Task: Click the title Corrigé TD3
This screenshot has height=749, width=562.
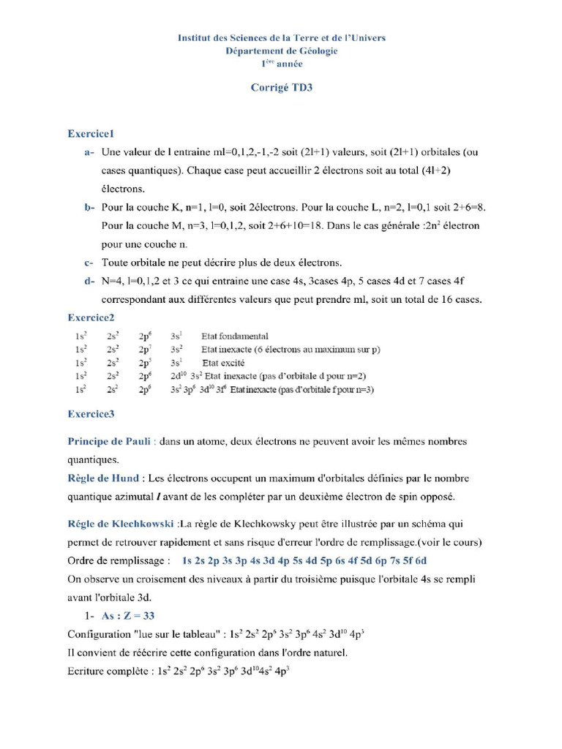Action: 282,88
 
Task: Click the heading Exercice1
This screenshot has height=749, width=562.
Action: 91,134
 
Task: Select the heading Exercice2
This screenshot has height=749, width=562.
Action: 91,317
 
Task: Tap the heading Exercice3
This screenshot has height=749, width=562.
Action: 91,414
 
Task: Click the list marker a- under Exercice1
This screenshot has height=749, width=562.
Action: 89,153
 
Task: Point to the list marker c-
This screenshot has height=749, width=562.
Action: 89,262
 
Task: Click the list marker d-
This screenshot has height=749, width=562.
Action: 89,280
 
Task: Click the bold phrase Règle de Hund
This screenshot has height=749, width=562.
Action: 105,478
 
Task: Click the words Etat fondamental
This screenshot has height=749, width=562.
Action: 234,336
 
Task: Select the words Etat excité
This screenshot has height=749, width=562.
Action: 222,363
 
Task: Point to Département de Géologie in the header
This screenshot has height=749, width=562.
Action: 282,50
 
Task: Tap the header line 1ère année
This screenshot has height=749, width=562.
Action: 282,64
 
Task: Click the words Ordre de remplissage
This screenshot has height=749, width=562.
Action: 118,560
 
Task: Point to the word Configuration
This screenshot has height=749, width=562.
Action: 99,633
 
